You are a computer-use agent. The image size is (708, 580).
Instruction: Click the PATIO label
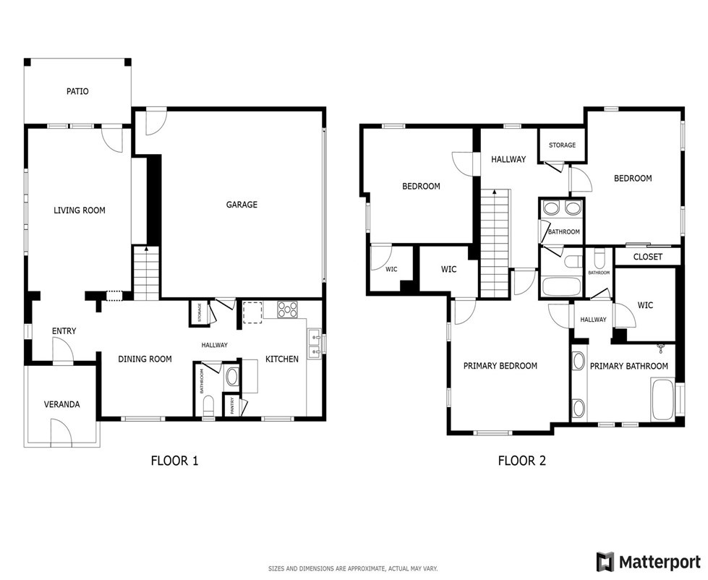point(77,91)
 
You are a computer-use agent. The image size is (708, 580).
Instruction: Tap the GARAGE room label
point(242,205)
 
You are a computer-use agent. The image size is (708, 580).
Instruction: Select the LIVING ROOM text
point(79,210)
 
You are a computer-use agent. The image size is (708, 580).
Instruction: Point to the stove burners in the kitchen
point(288,310)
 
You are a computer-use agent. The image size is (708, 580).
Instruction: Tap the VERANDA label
point(62,404)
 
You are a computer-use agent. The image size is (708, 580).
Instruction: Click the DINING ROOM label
point(145,359)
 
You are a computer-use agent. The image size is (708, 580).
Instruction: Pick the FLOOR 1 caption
point(175,461)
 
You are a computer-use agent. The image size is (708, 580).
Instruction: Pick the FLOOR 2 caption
point(522,461)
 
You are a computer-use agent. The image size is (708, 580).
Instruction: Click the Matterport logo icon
point(605,562)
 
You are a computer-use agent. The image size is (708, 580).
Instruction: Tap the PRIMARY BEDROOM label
point(500,366)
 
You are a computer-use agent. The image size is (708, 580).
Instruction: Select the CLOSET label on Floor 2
point(648,257)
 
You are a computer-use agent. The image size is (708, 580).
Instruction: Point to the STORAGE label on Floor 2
point(562,145)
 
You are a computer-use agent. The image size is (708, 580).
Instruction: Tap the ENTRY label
point(64,331)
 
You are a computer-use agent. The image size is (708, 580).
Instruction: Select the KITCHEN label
point(282,359)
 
